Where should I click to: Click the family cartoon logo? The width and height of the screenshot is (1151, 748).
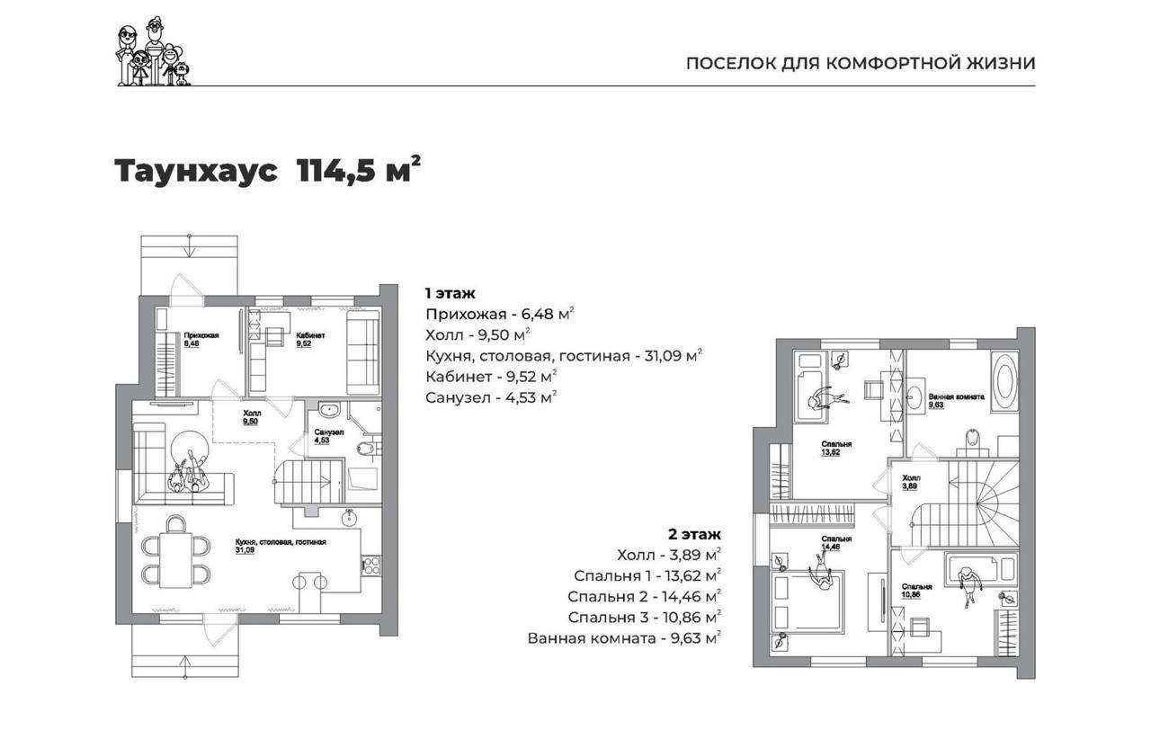tap(154, 52)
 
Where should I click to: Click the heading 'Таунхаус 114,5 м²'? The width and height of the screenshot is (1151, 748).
tap(268, 170)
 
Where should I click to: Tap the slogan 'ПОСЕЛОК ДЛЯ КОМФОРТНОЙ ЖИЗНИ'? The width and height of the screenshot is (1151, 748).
tap(861, 64)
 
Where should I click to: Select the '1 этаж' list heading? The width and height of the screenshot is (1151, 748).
tap(451, 293)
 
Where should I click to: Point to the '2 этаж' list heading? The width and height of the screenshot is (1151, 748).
tap(694, 534)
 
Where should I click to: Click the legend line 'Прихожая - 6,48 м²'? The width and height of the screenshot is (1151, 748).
tap(499, 314)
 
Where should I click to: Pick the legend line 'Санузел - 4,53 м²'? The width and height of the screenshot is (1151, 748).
tap(491, 397)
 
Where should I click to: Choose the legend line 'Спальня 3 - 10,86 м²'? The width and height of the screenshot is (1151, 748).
tap(644, 617)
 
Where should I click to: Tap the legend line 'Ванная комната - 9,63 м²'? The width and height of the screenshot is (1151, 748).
tap(624, 638)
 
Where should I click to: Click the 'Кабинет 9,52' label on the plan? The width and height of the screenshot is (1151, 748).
tap(310, 340)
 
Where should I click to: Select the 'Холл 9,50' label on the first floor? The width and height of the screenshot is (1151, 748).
tap(251, 417)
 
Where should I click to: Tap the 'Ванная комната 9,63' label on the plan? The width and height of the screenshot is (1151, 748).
tap(956, 401)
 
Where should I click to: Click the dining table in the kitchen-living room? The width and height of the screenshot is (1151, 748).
tap(175, 560)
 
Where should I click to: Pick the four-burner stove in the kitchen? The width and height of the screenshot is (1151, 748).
tap(371, 565)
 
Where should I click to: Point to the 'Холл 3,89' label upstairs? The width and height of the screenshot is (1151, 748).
tap(912, 482)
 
